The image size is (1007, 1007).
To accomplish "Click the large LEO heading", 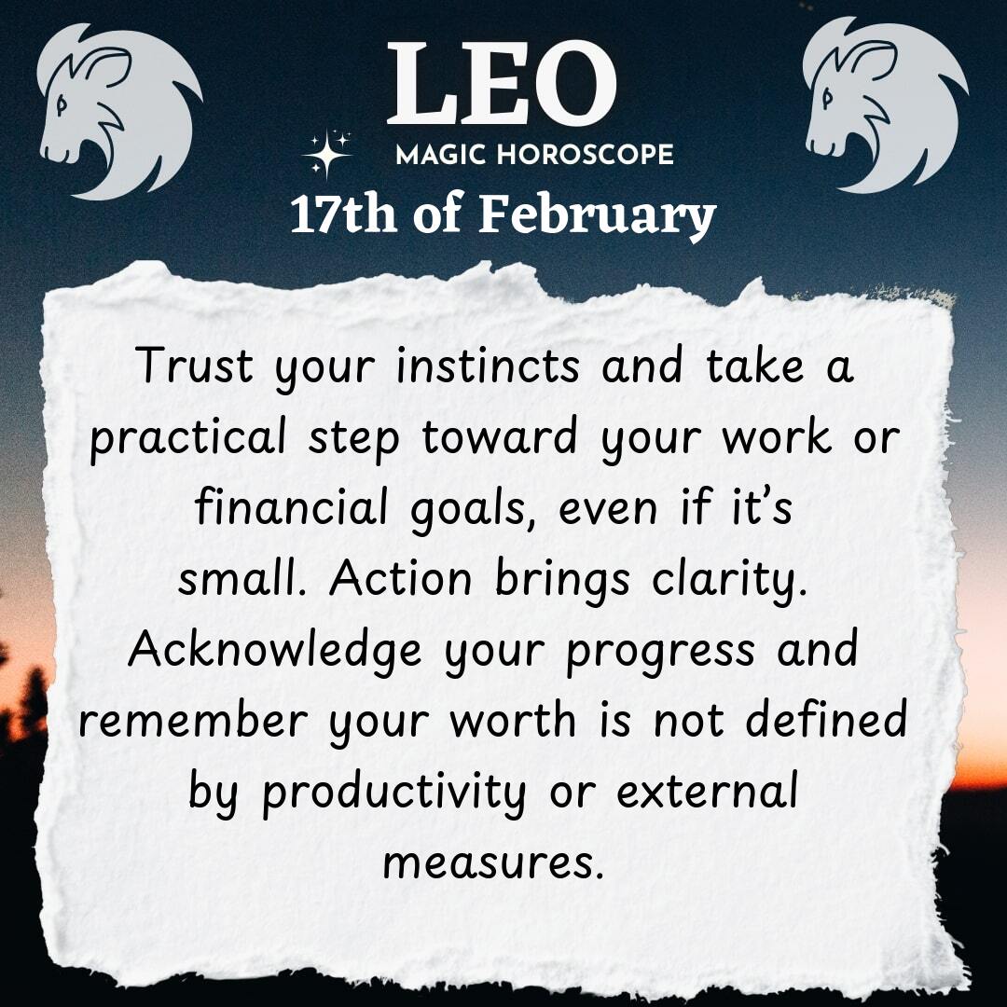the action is pos(502,83).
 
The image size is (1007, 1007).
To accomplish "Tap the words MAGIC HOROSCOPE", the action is pos(534,155).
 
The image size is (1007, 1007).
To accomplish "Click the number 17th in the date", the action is pos(343,214).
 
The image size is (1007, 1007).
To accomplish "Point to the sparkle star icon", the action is pos(327,154).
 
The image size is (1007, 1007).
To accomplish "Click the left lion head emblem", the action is pos(119,111).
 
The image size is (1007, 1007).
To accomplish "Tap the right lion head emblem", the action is pos(886,104).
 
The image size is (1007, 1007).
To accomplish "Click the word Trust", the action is pos(195,366).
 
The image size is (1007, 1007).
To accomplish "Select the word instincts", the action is pos(488,366).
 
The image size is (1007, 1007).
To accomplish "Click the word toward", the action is pos(499,436).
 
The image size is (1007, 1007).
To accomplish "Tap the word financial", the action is pos(292,505).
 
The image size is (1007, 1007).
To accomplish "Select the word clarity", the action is pos(729,581).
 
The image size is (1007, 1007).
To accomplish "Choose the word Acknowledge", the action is pos(275,651).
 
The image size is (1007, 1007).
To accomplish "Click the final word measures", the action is pos(493,863).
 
